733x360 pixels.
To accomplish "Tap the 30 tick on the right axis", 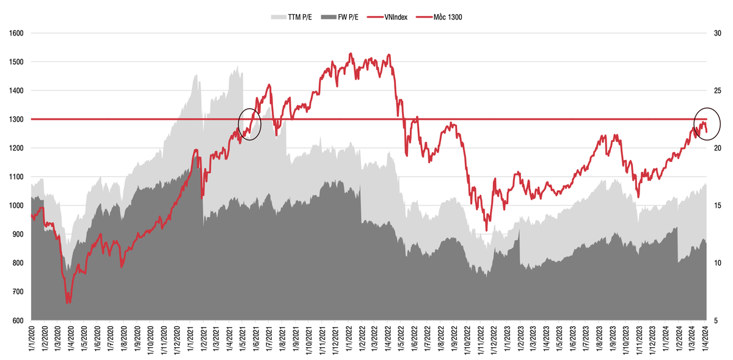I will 719,33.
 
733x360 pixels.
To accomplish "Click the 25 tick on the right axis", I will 719,90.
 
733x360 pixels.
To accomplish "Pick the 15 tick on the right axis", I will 719,205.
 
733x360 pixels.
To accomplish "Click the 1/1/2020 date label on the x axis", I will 31,340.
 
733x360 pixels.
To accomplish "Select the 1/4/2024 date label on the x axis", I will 706,340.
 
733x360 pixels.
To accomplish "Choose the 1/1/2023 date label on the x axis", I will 508,340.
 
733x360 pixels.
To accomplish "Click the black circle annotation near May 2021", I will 249,124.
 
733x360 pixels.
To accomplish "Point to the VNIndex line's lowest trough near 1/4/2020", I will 68,303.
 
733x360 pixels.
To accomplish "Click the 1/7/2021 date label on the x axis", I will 269,340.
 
